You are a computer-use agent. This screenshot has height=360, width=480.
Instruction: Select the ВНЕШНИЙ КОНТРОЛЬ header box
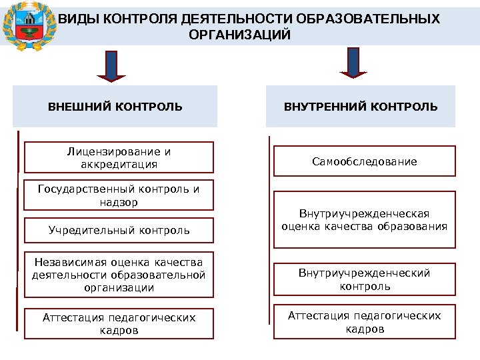(x=115, y=106)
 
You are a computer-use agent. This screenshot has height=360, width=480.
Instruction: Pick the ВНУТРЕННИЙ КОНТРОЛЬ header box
(x=361, y=106)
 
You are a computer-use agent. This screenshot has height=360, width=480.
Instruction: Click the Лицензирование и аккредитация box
(x=119, y=157)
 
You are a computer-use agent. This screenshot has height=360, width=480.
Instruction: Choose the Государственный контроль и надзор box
(x=119, y=195)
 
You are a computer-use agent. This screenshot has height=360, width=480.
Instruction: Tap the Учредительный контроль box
(x=119, y=231)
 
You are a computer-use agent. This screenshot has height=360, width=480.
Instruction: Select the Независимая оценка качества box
(x=119, y=273)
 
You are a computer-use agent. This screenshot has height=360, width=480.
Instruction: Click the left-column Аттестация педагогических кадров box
(x=119, y=324)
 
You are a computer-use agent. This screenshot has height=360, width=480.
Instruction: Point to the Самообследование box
(x=364, y=161)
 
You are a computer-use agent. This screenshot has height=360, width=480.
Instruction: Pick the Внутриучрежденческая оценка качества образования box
(x=364, y=219)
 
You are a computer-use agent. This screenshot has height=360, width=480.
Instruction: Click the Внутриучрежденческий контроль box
(x=364, y=279)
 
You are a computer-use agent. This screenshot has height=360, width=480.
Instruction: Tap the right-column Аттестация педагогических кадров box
(x=364, y=322)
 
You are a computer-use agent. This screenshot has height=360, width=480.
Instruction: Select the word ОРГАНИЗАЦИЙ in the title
(x=240, y=35)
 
